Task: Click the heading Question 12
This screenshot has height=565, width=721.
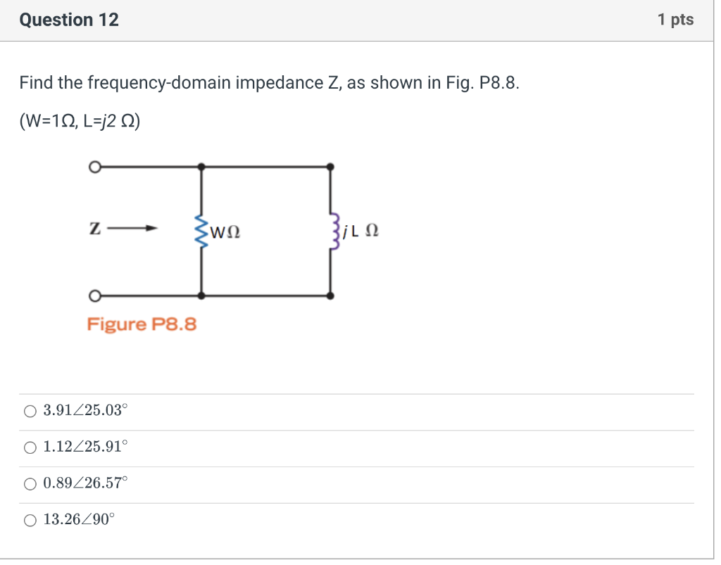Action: point(69,20)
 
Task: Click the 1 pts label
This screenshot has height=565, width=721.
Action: point(675,20)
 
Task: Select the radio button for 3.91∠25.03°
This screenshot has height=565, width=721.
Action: point(30,412)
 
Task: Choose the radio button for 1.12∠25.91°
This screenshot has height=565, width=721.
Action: point(30,447)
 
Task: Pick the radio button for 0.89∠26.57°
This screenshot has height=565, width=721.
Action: point(30,484)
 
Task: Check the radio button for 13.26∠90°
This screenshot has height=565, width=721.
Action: point(30,521)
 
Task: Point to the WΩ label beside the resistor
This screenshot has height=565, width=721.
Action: point(225,231)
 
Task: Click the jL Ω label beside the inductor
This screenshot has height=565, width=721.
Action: point(361,231)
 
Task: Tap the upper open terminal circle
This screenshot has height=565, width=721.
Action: point(94,167)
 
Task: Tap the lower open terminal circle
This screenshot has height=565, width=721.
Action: point(94,296)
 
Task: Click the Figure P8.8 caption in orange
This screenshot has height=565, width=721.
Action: point(142,324)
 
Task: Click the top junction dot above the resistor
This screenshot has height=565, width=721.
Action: point(202,167)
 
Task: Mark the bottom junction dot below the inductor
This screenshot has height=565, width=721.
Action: point(332,296)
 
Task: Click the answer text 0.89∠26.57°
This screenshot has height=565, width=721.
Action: point(85,484)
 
